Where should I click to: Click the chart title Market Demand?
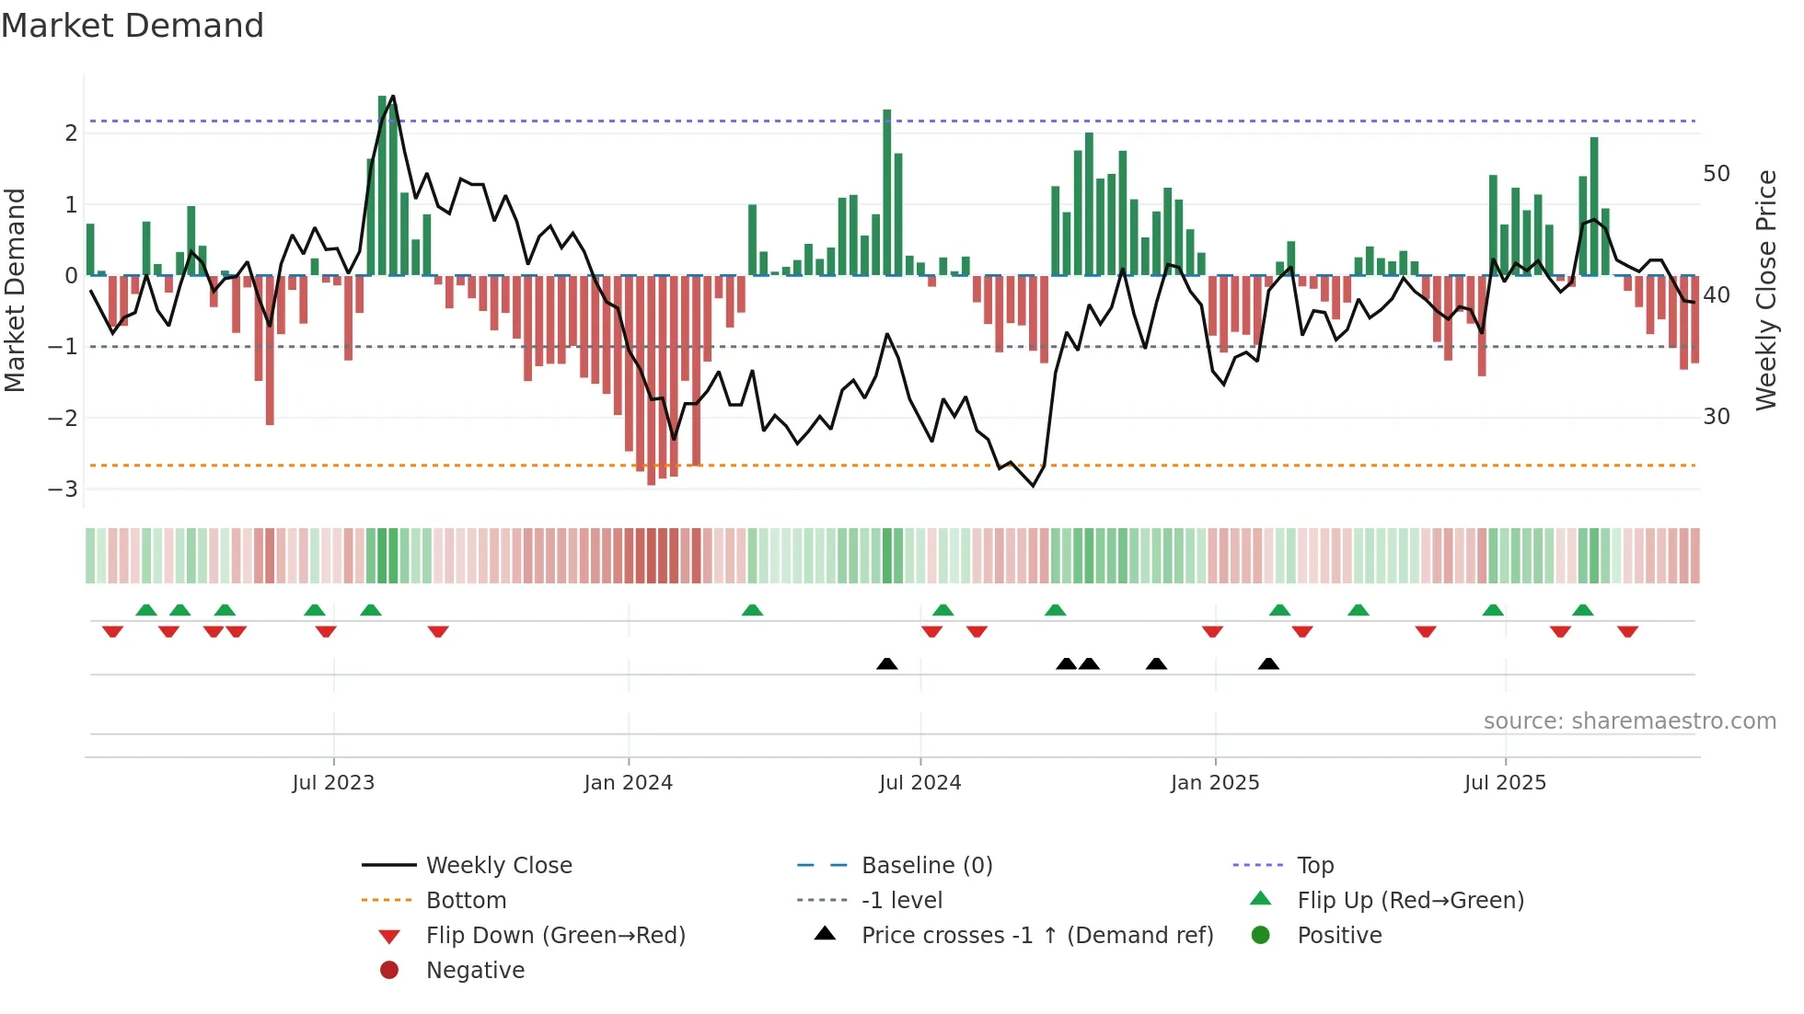pyautogui.click(x=133, y=26)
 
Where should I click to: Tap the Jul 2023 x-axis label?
pyautogui.click(x=333, y=783)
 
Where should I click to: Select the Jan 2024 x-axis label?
pyautogui.click(x=628, y=783)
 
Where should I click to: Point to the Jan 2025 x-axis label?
pyautogui.click(x=1214, y=783)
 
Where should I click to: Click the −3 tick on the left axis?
pyautogui.click(x=64, y=490)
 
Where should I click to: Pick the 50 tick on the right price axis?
pyautogui.click(x=1716, y=174)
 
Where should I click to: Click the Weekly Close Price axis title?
pyautogui.click(x=1765, y=290)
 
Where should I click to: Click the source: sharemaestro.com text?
pyautogui.click(x=1629, y=721)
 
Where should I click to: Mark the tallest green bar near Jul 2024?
pyautogui.click(x=887, y=193)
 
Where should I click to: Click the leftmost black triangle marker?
pyautogui.click(x=886, y=663)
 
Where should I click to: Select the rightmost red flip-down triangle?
pyautogui.click(x=1627, y=632)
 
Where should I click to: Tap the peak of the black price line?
pyautogui.click(x=393, y=97)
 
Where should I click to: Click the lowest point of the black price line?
pyautogui.click(x=1033, y=486)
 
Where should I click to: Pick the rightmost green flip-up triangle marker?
pyautogui.click(x=1582, y=610)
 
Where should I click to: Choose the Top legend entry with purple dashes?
pyautogui.click(x=1314, y=866)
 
